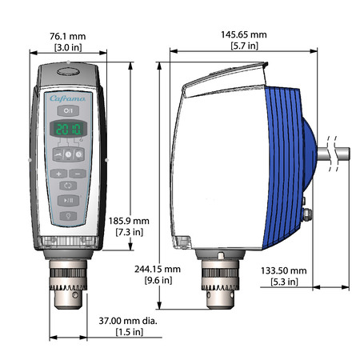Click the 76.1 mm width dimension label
(68, 36)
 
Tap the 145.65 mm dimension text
(244, 34)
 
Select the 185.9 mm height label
(129, 221)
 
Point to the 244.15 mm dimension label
(158, 269)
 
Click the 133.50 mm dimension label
(284, 270)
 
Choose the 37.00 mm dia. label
(128, 321)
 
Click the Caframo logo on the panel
(67, 98)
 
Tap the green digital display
(69, 129)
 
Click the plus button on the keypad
(58, 174)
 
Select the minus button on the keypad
(78, 174)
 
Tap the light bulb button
(68, 216)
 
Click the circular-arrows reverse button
(68, 186)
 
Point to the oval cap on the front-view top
(68, 71)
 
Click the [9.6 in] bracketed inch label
(158, 280)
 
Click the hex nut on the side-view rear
(307, 214)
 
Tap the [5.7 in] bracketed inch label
(244, 46)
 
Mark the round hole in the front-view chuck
(75, 295)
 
